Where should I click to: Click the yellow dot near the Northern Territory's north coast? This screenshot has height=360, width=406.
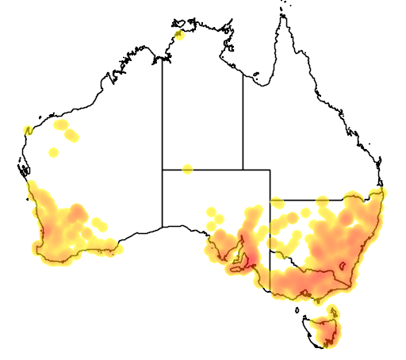pos(179,34)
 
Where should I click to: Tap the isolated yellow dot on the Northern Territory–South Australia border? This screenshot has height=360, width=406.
pos(187,169)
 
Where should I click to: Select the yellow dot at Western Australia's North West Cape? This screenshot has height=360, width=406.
pos(29,130)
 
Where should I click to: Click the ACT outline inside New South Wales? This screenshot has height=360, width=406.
pos(343,277)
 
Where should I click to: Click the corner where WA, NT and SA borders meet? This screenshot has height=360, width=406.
pos(163,169)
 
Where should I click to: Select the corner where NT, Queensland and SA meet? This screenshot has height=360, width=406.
pos(243,169)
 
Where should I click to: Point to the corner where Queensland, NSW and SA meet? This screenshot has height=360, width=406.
pos(270,200)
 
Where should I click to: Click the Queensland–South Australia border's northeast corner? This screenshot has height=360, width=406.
pos(270,169)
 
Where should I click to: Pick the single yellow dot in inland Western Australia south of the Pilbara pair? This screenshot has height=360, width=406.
pos(54,151)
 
